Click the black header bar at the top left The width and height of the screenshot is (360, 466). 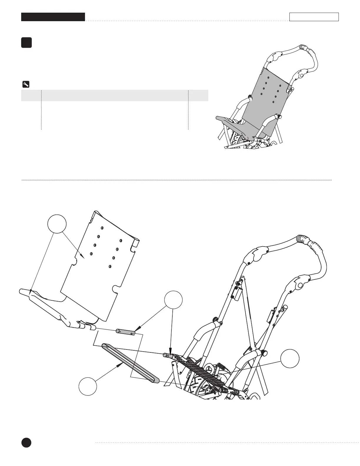coord(53,17)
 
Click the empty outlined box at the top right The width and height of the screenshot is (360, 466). coord(314,17)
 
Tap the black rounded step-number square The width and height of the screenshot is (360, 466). coord(26,43)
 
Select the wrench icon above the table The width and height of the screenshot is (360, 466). coord(26,84)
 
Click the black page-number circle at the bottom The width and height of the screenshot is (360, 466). coord(26,442)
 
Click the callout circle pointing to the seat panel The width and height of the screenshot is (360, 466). coord(57,224)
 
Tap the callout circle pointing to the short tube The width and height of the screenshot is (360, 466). coord(173,300)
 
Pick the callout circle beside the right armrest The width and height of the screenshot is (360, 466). coord(290,359)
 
